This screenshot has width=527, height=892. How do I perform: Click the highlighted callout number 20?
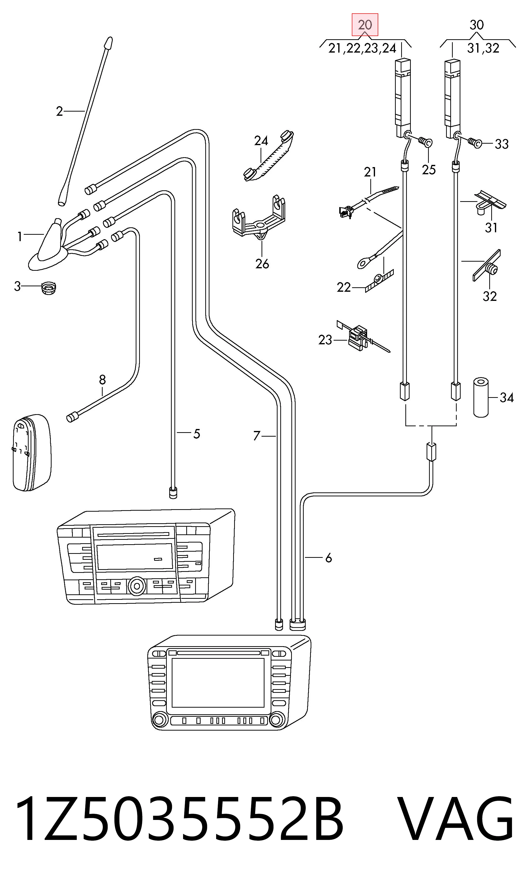(365, 25)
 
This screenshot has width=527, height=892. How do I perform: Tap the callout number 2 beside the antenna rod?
(59, 111)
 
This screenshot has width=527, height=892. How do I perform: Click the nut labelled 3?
(49, 288)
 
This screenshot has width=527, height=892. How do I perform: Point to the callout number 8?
(102, 380)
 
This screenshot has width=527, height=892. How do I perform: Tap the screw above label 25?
(425, 142)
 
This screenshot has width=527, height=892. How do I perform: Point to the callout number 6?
(328, 558)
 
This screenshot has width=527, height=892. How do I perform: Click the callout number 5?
(196, 434)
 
